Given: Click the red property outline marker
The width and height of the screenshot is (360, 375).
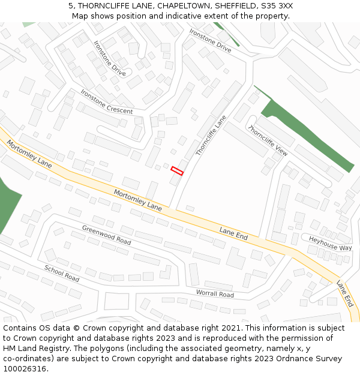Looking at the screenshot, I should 177,171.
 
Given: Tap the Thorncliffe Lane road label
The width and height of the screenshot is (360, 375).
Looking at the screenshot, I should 211,136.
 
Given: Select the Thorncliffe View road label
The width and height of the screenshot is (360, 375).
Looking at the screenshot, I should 268,141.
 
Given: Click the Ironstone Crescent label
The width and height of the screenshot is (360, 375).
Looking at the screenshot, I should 106,102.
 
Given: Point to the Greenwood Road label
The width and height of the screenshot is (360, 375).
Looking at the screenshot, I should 106,235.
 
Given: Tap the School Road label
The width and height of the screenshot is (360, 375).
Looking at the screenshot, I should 61,274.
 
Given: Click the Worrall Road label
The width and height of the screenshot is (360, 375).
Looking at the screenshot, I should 214,294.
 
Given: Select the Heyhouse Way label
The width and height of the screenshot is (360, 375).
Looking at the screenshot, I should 330,243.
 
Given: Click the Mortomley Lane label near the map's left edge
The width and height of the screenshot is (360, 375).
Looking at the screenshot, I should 29,154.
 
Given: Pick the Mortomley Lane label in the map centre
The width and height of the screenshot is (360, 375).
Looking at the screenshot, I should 137,200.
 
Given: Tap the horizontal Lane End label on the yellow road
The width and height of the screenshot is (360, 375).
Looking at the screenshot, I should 233,233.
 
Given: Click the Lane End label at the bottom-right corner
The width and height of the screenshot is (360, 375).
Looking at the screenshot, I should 345,294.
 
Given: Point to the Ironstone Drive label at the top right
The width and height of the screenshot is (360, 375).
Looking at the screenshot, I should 210,40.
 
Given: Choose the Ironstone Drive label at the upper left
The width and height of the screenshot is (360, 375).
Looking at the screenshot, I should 110,58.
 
